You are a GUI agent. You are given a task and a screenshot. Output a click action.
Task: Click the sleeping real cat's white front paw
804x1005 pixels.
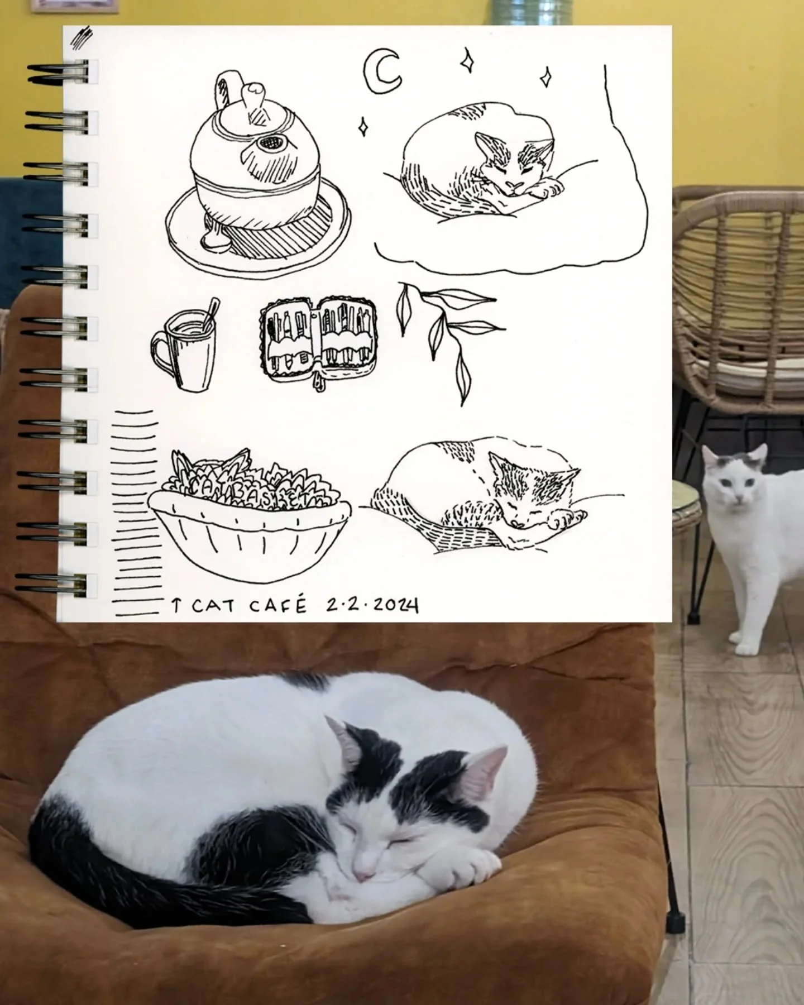tap(475, 865)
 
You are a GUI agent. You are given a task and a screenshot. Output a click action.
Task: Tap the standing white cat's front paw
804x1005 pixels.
tap(744, 648)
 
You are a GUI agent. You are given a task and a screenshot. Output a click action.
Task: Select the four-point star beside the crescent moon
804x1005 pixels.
tap(467, 60)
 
